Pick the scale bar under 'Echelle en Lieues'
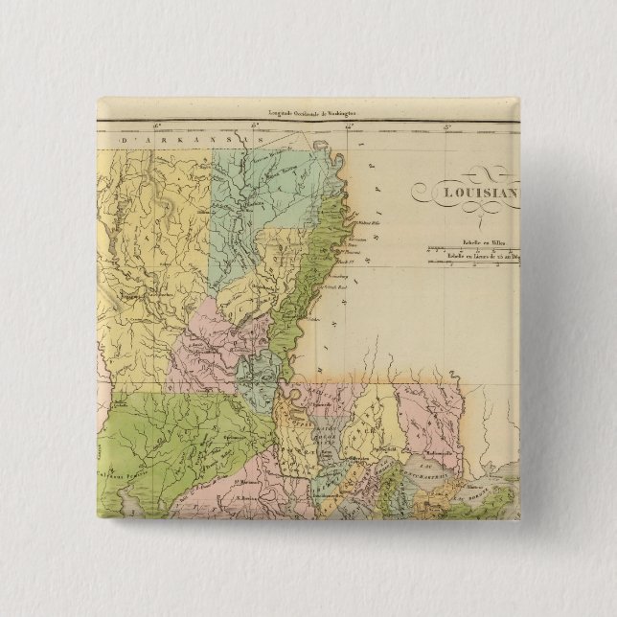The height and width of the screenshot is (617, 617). (x=474, y=263)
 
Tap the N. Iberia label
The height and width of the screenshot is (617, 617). (x=224, y=499)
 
